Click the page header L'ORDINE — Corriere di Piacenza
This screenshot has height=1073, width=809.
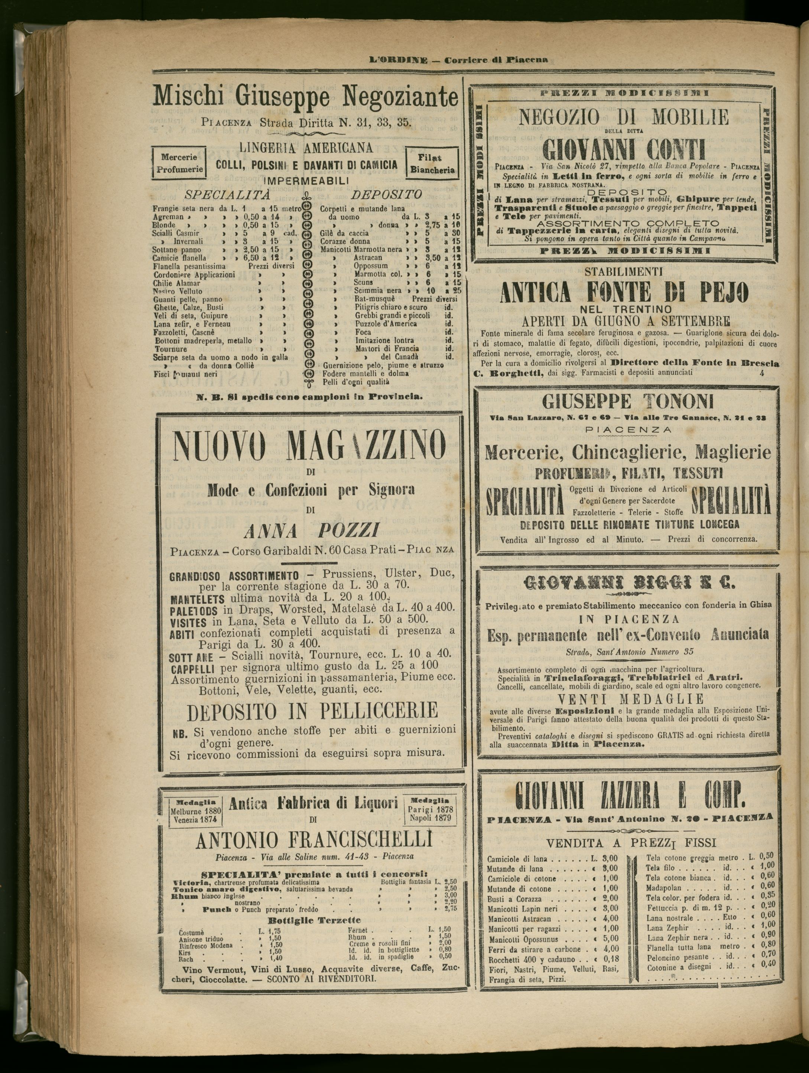[458, 60]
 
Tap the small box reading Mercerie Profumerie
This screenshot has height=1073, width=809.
[178, 164]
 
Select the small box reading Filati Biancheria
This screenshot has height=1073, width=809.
[432, 164]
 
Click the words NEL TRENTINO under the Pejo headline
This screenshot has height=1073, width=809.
[625, 309]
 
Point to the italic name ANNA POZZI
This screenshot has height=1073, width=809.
[310, 532]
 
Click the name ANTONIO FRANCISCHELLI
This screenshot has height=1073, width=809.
[313, 841]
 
